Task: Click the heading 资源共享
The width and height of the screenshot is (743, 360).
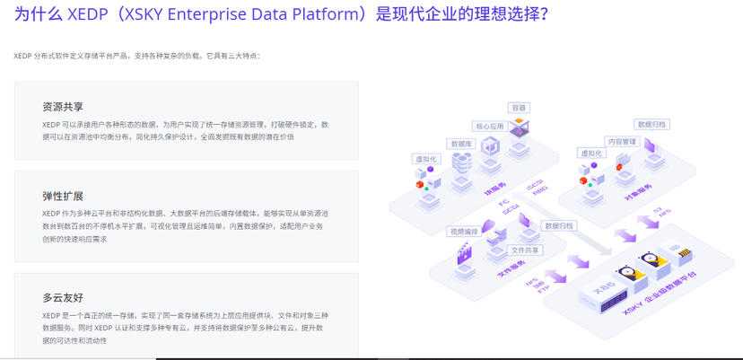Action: click(x=62, y=107)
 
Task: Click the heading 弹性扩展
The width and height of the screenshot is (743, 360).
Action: click(x=62, y=196)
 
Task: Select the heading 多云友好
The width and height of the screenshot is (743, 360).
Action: click(x=62, y=297)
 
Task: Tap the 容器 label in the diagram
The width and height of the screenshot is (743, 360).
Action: click(x=519, y=108)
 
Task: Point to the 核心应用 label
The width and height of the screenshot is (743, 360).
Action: click(x=489, y=127)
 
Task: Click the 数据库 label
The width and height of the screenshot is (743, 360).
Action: click(x=462, y=144)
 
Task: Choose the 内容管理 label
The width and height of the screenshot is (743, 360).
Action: click(x=621, y=141)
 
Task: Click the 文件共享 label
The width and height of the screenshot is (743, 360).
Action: click(x=525, y=250)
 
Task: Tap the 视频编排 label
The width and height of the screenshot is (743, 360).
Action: click(x=464, y=232)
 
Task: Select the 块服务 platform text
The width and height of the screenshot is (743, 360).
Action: click(x=494, y=190)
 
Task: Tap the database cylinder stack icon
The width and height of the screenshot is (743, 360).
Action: click(x=462, y=162)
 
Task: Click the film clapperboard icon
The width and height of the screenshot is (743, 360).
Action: click(x=465, y=253)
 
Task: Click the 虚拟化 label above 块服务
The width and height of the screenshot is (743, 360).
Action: click(x=425, y=159)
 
